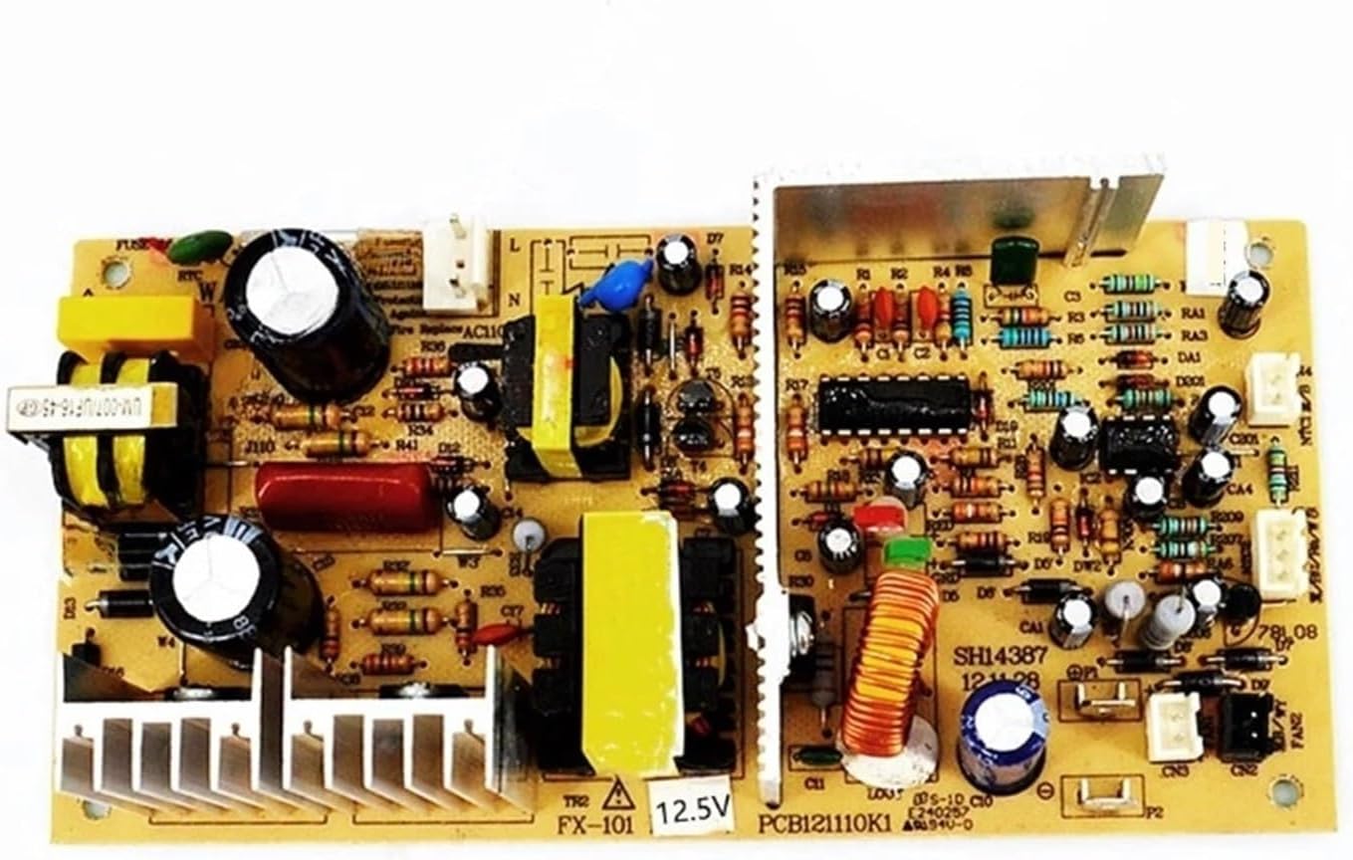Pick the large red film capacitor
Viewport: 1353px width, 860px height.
pos(345,496)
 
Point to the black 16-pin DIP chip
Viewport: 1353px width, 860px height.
pos(894,405)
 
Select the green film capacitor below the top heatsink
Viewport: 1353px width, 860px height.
pos(1014,261)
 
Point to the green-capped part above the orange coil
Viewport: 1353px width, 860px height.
pos(906,553)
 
